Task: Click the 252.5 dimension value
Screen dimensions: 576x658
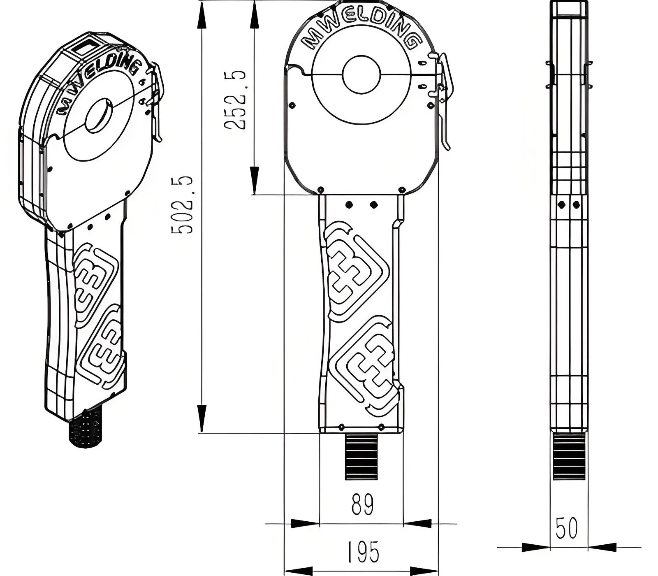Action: [235, 100]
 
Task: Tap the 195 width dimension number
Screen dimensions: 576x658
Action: [363, 552]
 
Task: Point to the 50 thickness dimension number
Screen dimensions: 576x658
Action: [566, 528]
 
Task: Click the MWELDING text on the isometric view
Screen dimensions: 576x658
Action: [99, 84]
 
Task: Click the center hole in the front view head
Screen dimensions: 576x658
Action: [361, 74]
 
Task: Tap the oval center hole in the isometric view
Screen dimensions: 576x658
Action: [99, 116]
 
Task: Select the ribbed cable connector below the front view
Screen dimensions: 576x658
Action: [361, 456]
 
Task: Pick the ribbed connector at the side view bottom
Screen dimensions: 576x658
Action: [569, 456]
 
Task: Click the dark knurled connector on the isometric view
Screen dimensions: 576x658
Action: [85, 430]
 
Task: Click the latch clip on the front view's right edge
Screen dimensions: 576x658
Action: [444, 99]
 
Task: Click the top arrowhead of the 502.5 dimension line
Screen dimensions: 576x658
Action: [201, 19]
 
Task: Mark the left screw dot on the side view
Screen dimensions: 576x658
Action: [561, 204]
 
